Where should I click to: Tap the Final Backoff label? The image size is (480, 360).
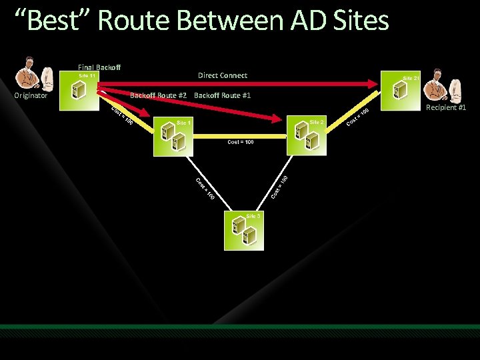tap(99, 67)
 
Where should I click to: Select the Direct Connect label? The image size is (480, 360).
tap(222, 75)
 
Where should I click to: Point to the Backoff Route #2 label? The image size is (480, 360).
tap(158, 95)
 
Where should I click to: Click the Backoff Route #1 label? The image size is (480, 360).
tap(222, 95)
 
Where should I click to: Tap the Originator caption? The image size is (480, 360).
tap(31, 96)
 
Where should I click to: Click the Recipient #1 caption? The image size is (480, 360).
tap(446, 107)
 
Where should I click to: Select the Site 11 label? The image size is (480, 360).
tap(87, 76)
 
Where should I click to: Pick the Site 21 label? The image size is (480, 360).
tap(411, 79)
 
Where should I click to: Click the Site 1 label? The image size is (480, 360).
tap(183, 123)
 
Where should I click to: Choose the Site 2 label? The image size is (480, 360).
tap(317, 122)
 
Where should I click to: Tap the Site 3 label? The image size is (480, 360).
tap(253, 216)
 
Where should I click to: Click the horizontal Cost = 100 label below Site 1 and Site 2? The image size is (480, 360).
tap(240, 142)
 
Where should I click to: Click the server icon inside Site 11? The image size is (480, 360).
tap(76, 91)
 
